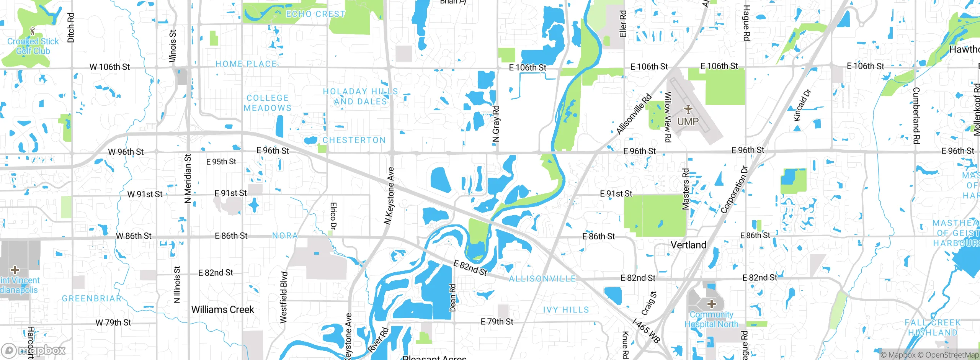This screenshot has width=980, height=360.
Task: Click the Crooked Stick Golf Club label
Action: point(33,46)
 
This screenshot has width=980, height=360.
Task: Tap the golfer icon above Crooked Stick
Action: point(33,30)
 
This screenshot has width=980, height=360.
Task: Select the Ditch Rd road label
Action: point(71,28)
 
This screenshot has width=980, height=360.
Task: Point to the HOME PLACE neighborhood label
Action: point(246,64)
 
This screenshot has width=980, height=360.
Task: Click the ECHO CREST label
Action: point(316,14)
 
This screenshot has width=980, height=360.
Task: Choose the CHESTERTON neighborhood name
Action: point(354,140)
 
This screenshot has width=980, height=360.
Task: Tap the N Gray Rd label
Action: point(496,124)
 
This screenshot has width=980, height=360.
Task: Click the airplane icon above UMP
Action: point(688,110)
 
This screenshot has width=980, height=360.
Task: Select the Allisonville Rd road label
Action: point(634,114)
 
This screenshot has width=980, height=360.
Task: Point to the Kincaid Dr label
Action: point(802,105)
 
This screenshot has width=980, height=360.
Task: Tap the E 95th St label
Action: point(221,162)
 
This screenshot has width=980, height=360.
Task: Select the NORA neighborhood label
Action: point(285,236)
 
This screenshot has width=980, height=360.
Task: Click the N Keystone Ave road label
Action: point(389,195)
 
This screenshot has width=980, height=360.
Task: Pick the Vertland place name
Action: point(688,245)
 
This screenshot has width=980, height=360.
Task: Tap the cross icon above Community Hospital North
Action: point(712,304)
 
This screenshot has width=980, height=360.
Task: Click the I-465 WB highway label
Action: point(646,331)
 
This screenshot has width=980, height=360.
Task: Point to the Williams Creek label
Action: point(222,309)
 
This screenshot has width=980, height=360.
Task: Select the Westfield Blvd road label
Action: point(283,298)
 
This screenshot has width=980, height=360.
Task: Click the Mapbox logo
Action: point(34,350)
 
